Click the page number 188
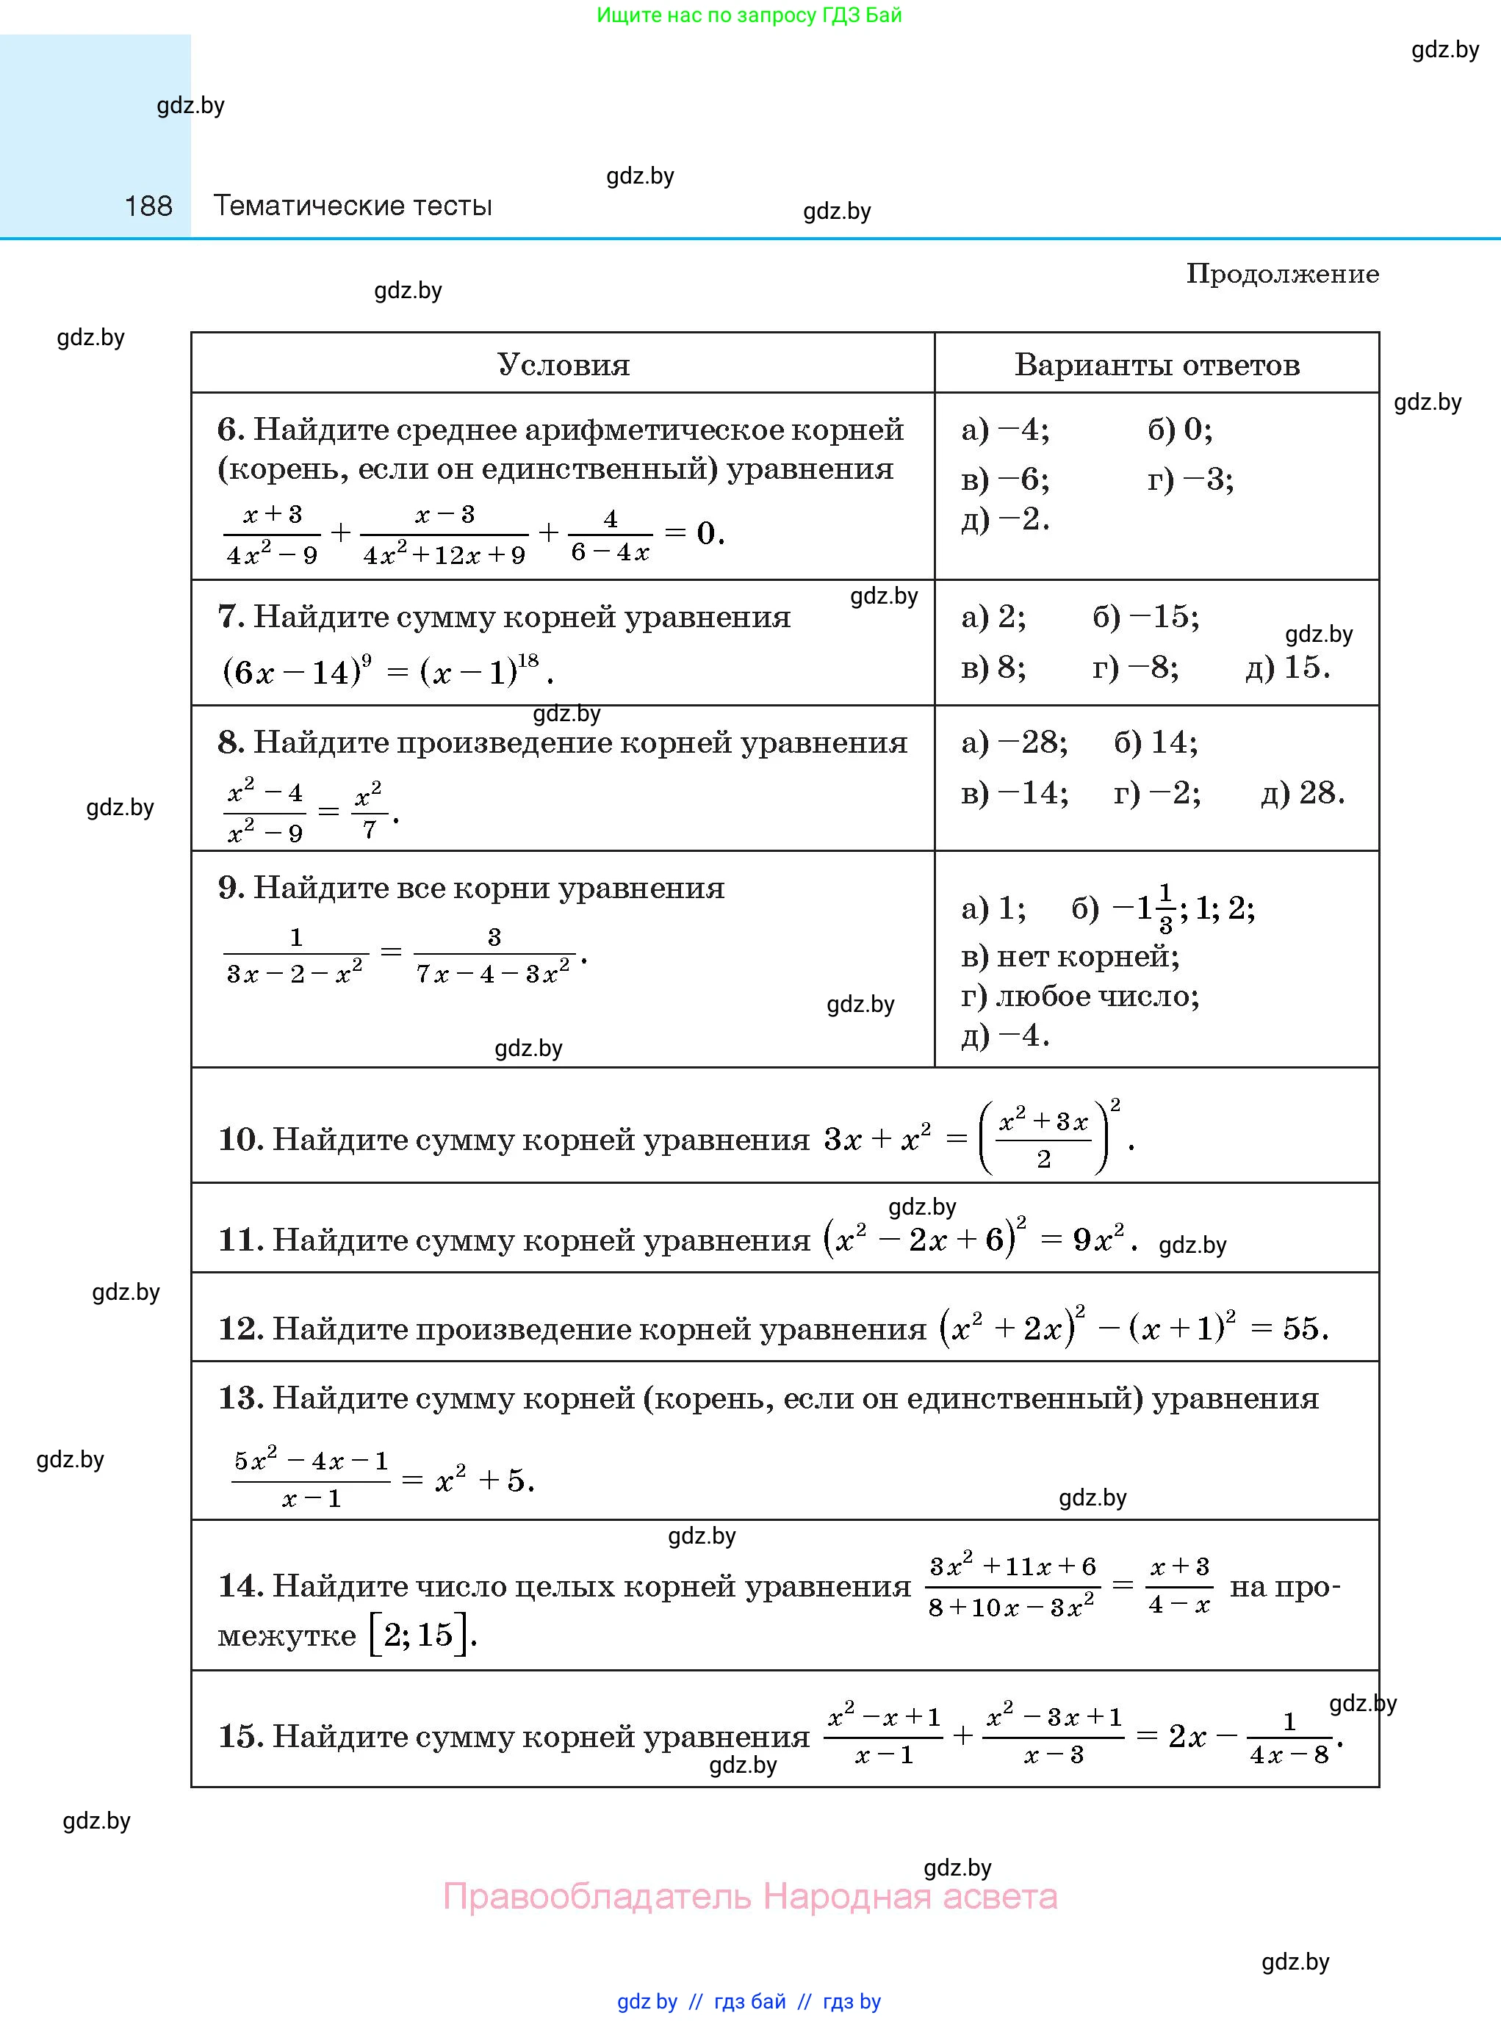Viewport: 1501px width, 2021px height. point(148,206)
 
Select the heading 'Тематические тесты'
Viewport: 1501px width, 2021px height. point(353,206)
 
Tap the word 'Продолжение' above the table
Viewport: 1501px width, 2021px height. point(1282,275)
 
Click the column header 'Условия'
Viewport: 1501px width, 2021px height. point(564,365)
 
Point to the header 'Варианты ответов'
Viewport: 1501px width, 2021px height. point(1156,365)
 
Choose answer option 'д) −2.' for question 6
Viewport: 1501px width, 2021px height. point(1005,519)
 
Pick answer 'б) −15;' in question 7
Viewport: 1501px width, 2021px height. point(1145,618)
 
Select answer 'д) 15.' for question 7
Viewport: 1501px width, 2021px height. point(1287,668)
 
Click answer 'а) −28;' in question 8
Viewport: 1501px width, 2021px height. point(1014,743)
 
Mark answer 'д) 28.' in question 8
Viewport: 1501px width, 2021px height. point(1303,793)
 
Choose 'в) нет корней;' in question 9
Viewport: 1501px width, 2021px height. point(1070,956)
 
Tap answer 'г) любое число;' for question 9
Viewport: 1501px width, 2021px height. point(1080,997)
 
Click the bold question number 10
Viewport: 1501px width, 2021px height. point(240,1139)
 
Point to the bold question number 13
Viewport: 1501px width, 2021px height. point(240,1398)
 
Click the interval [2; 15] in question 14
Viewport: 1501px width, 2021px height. point(420,1635)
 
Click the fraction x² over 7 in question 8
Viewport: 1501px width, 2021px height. point(368,810)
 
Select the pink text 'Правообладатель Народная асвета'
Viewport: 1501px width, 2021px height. point(749,1897)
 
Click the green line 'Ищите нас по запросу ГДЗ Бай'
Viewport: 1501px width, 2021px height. point(749,15)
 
